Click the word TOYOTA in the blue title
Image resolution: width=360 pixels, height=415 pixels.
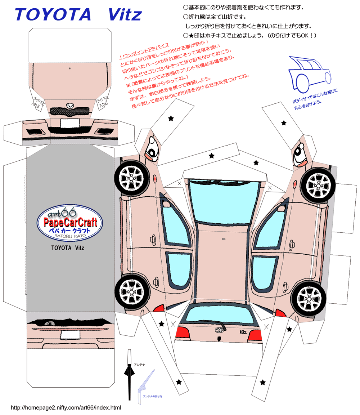click(53, 15)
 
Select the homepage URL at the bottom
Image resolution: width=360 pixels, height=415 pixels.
click(66, 407)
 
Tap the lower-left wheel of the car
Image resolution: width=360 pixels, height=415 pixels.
click(131, 290)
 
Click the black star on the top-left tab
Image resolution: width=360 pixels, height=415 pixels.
click(171, 118)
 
